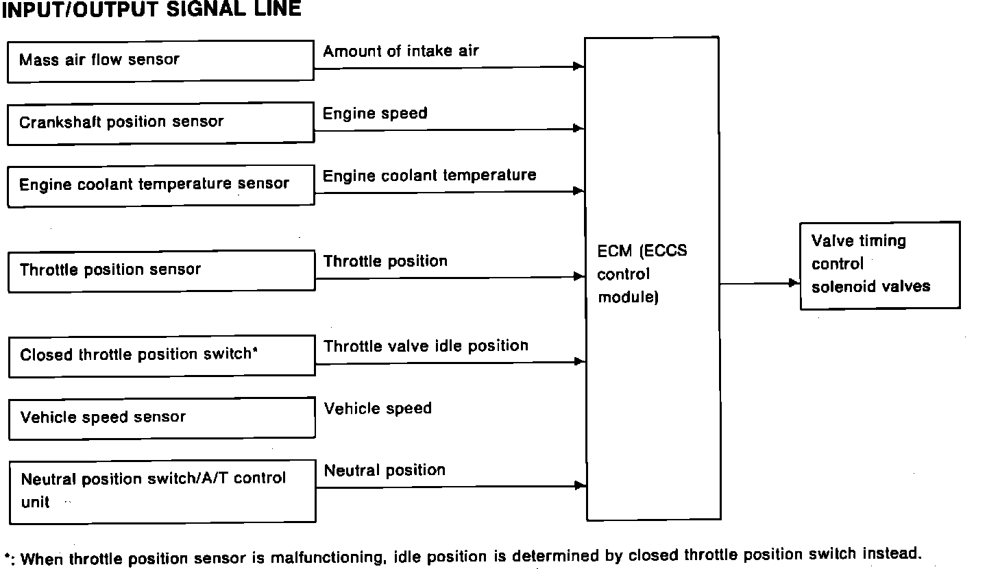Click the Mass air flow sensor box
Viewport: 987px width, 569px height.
click(160, 61)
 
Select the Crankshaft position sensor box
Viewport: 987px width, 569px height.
click(160, 123)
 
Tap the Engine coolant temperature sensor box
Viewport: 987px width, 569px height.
click(160, 185)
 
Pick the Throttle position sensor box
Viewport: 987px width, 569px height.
click(160, 270)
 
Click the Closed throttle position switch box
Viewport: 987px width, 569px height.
click(160, 356)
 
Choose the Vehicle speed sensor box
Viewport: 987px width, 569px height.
click(160, 418)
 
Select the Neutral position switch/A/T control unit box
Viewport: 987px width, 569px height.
click(160, 492)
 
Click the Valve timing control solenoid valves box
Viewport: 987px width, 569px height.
click(879, 265)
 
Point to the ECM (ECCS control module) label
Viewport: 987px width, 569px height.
click(642, 274)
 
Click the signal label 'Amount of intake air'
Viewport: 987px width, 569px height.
click(401, 51)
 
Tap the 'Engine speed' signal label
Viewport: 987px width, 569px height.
click(375, 113)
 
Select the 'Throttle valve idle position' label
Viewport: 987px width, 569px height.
click(426, 346)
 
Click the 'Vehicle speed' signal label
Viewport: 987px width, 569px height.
click(378, 409)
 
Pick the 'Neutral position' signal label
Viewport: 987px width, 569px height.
click(385, 470)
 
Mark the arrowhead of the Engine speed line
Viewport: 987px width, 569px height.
click(579, 128)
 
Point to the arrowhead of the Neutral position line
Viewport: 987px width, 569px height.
click(581, 486)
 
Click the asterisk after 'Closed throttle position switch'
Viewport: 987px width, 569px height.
click(255, 351)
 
